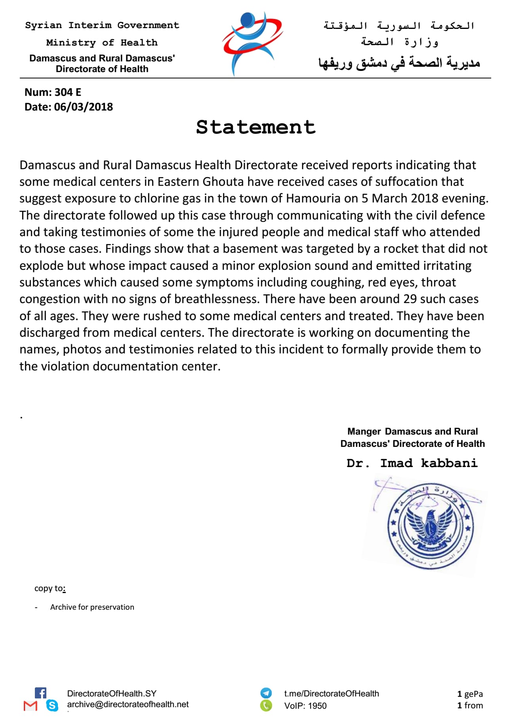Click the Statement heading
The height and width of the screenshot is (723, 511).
coord(255,127)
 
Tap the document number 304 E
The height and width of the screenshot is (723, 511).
coord(68,92)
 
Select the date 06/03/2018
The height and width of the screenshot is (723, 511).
coord(84,107)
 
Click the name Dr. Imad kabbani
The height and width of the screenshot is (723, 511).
coord(412,463)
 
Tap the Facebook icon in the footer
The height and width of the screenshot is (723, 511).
coord(40,693)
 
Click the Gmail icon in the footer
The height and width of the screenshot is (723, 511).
coord(31,706)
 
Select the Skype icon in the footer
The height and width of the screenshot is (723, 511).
coord(52,706)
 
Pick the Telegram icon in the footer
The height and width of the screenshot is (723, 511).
coord(266,693)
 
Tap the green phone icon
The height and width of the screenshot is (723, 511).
coord(266,706)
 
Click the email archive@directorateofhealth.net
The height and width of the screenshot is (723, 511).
coord(128,704)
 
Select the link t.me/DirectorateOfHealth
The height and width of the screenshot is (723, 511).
coord(332,693)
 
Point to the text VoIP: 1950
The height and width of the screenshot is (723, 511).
coord(305,706)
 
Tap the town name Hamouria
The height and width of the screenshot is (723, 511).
coord(313,198)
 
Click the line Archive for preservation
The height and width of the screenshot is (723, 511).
coord(92,607)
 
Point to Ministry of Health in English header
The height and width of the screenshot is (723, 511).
coord(102,42)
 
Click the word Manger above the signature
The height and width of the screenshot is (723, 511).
coord(364,431)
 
